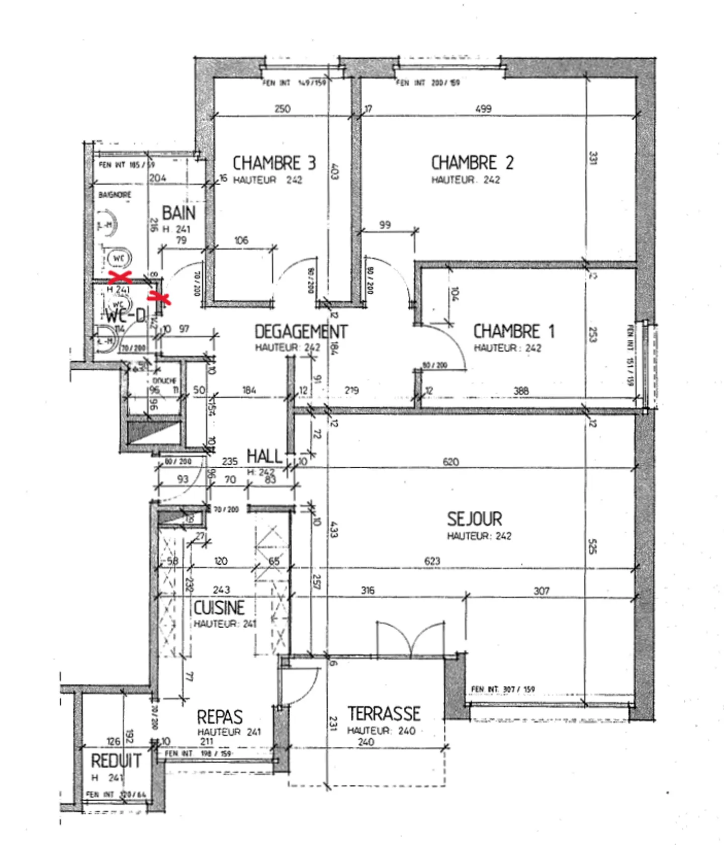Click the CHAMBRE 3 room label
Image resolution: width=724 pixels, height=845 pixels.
[274, 163]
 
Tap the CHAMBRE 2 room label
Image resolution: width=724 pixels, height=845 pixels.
[472, 162]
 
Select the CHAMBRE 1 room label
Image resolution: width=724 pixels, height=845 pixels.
[514, 331]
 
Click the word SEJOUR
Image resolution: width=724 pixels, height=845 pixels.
[474, 519]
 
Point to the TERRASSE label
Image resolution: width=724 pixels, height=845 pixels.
[384, 713]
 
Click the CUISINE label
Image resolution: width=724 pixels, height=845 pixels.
[219, 608]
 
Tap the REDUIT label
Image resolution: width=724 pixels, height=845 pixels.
[116, 760]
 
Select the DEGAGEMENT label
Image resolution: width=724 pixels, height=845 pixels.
[301, 331]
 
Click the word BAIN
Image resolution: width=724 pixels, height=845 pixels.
[178, 213]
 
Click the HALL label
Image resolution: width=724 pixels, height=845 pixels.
[264, 456]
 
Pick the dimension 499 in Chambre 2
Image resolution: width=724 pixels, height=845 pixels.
[483, 109]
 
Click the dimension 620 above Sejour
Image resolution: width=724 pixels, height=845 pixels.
[450, 461]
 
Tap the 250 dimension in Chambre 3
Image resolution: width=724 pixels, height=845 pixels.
[283, 109]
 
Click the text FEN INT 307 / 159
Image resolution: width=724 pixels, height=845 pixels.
[503, 689]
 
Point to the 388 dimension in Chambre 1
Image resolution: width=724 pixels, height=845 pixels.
[521, 390]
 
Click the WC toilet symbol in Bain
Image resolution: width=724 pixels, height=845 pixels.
[119, 258]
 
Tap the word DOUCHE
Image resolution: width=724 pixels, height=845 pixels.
[164, 381]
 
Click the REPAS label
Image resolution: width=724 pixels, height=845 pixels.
[220, 717]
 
